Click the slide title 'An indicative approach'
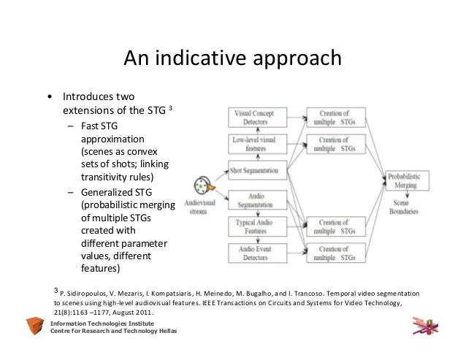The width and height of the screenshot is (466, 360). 232,58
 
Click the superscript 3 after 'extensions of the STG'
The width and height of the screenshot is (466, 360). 170,107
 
